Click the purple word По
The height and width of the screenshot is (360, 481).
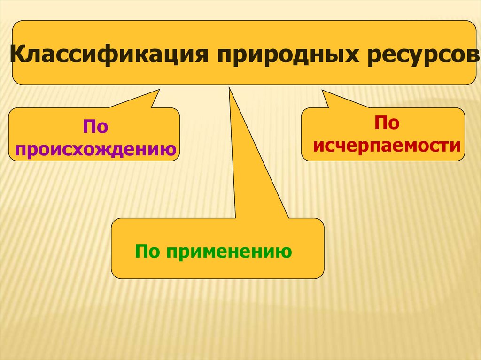[x=94, y=127]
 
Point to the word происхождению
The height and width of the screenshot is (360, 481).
[x=95, y=149]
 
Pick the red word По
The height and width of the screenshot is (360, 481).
[x=386, y=123]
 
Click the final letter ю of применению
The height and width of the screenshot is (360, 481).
[x=285, y=253]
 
